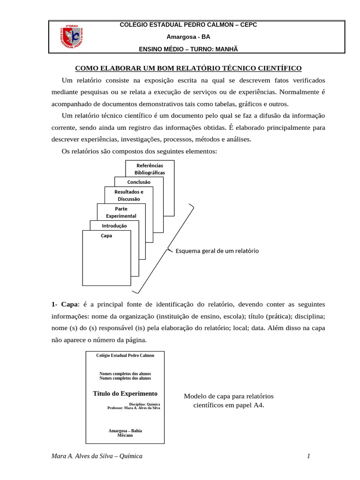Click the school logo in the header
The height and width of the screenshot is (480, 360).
click(x=72, y=37)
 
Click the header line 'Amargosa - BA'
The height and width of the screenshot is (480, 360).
click(x=188, y=37)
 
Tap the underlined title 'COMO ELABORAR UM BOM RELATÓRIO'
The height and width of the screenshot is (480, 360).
click(x=188, y=68)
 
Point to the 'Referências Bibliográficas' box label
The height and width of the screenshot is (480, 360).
click(x=150, y=169)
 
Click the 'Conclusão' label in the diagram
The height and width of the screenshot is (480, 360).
click(x=139, y=182)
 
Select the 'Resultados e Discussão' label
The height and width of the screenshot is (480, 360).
click(x=129, y=195)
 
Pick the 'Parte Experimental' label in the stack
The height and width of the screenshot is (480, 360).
click(x=121, y=212)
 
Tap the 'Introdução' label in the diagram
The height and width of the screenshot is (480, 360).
click(x=114, y=225)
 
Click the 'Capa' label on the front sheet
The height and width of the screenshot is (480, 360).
click(x=106, y=236)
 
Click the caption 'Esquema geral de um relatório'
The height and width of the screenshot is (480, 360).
click(x=217, y=251)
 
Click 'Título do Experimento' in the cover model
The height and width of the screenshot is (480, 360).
click(x=125, y=393)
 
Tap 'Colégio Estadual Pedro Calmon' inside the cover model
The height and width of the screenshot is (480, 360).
click(x=125, y=355)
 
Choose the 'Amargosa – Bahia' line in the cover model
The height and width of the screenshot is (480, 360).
click(x=125, y=430)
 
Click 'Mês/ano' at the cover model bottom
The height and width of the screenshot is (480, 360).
click(x=125, y=435)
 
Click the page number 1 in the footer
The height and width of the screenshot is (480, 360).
click(x=309, y=456)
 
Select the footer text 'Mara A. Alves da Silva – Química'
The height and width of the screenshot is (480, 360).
click(x=97, y=456)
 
